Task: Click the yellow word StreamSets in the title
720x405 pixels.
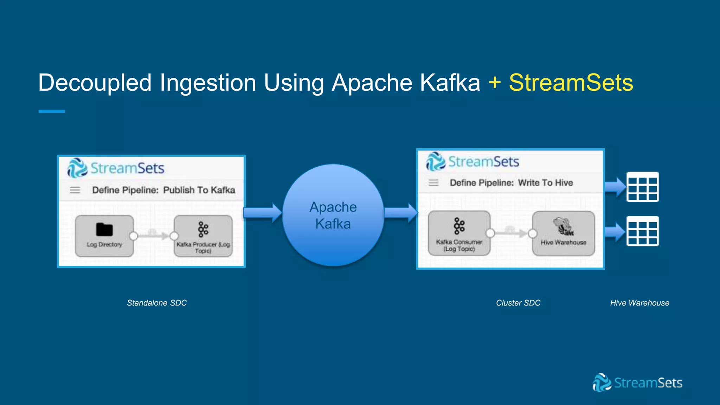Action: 571,83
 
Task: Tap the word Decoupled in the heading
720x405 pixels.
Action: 95,83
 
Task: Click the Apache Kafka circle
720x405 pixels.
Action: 333,215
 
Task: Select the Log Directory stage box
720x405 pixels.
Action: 104,236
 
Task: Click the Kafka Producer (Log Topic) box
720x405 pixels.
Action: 203,236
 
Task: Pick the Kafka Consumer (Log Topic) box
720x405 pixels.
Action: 459,233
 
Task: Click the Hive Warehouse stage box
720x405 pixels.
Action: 563,233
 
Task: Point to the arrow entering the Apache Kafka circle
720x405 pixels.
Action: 262,213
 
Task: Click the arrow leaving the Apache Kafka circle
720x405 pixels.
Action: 400,213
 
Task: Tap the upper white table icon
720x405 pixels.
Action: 642,187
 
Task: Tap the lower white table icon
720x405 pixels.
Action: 642,231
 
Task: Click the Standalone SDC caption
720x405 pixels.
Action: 157,303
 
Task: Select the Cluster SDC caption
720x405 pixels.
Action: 518,303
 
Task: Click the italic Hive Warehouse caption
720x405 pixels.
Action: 639,303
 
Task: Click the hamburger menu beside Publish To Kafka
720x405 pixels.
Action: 75,190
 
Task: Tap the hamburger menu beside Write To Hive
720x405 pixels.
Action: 433,183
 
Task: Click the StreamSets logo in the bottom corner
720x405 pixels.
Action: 637,382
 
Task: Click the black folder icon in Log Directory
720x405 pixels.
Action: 104,230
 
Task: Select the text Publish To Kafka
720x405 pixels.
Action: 199,190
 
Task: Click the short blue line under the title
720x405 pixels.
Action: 51,111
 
